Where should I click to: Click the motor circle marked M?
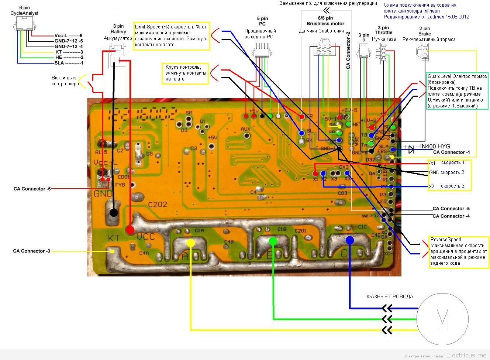442,319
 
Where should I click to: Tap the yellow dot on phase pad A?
190,243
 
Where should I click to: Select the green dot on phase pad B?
273,241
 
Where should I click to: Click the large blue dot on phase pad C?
349,240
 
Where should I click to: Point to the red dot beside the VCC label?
130,230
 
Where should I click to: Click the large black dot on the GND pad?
114,212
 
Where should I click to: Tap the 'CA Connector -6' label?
32,189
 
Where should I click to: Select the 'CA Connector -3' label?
31,251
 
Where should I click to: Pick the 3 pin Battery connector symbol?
118,55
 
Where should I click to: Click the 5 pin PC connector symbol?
262,49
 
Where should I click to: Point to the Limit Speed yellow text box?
172,36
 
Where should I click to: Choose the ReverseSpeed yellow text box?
458,251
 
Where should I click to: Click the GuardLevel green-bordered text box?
457,91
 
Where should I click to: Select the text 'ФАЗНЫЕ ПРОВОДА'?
390,296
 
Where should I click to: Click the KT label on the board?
114,238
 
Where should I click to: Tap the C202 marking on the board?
158,204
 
